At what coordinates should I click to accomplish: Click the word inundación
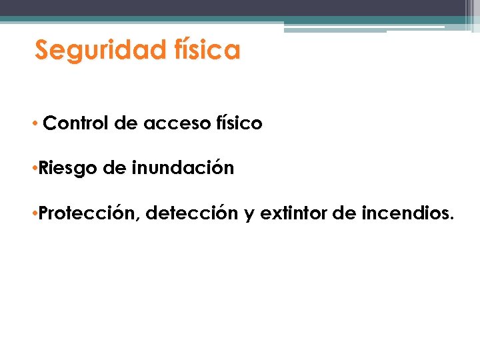(183, 168)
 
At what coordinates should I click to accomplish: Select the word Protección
(89, 214)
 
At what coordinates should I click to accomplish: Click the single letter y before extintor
(249, 215)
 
